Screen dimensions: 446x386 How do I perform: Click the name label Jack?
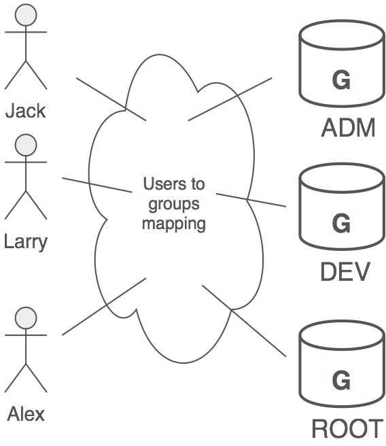[26, 110]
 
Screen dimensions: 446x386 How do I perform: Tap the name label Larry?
[26, 241]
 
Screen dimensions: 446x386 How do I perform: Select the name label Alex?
[26, 413]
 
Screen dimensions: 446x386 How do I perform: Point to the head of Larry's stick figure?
[26, 144]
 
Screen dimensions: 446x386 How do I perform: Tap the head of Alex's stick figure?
[26, 318]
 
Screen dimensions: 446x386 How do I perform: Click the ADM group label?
[348, 128]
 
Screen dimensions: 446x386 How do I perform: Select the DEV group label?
[345, 272]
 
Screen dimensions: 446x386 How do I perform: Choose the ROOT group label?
[347, 429]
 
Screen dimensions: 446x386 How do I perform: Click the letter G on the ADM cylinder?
[341, 80]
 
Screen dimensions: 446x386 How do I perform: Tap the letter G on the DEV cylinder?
[341, 223]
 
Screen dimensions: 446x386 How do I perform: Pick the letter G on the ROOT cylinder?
[341, 379]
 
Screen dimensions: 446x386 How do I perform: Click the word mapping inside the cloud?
[174, 223]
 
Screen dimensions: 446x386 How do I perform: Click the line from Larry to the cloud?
[96, 185]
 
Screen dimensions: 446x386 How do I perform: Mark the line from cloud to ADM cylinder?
[230, 99]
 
